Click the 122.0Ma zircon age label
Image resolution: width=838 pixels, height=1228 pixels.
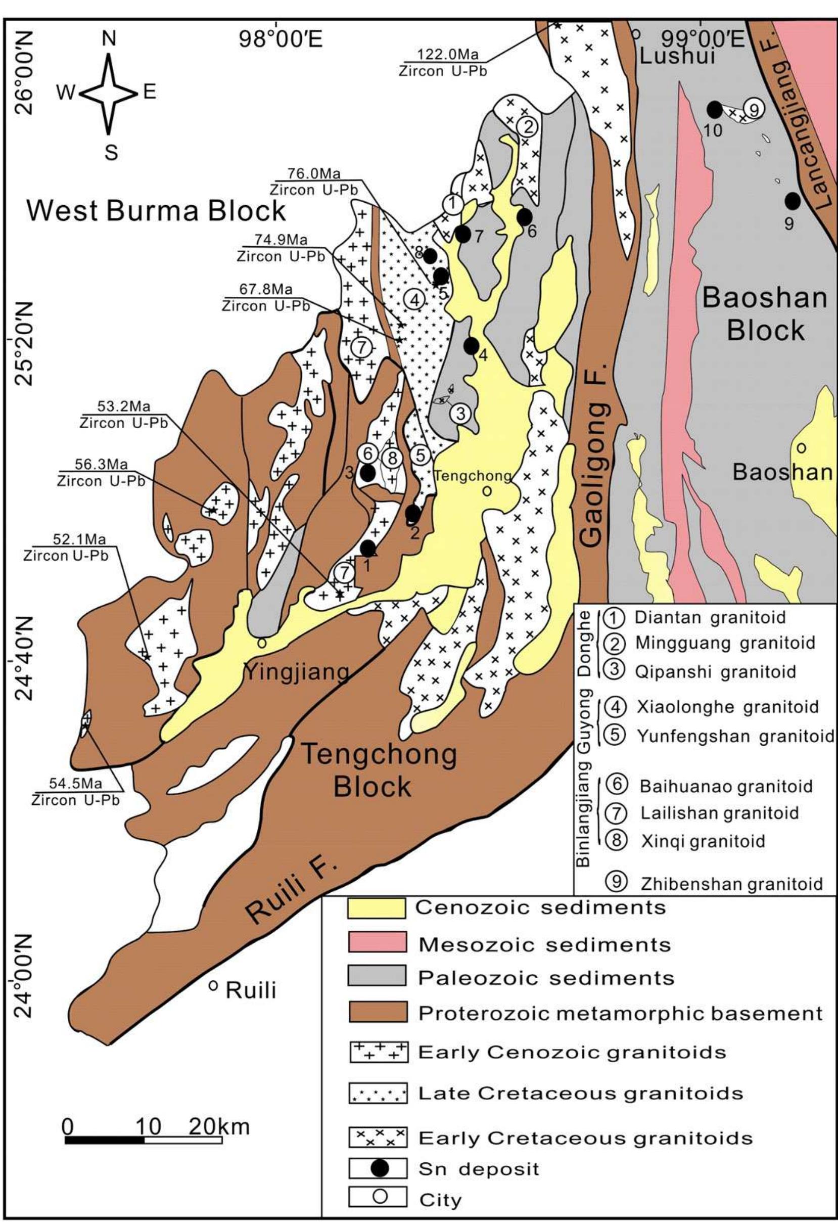point(447,54)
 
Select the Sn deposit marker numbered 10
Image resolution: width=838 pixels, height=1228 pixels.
point(714,110)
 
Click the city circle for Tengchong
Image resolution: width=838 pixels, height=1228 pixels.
point(487,491)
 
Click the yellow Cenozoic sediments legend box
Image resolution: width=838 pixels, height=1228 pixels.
point(376,908)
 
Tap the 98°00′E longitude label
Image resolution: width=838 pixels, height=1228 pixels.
point(281,39)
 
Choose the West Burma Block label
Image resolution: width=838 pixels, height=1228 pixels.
point(156,210)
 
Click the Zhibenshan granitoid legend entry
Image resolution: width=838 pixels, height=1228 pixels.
point(731,884)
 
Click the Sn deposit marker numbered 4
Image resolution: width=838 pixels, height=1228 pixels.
point(471,346)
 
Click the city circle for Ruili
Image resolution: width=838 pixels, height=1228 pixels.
point(213,985)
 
